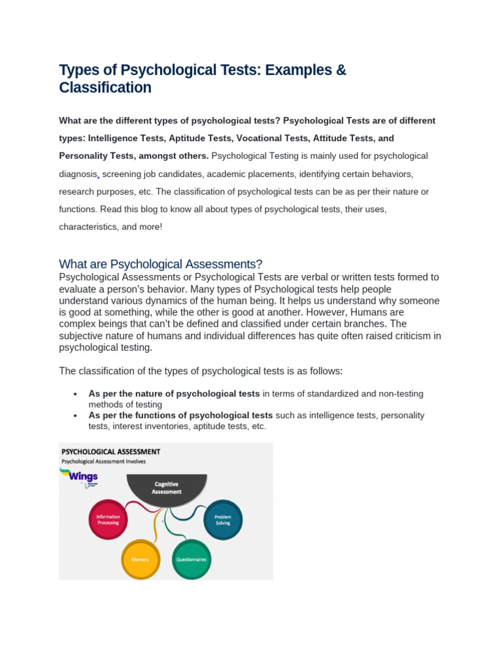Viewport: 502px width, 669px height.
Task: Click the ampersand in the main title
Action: click(x=341, y=70)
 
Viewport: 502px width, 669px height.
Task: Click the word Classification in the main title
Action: click(x=105, y=88)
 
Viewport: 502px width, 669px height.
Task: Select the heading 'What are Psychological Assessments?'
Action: click(x=161, y=264)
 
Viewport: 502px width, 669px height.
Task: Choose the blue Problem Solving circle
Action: click(x=222, y=520)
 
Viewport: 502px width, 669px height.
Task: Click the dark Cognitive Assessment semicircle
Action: click(x=166, y=489)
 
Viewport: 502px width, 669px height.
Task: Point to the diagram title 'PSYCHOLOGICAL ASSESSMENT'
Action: click(x=110, y=451)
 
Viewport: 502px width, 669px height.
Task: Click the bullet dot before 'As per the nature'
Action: click(x=76, y=395)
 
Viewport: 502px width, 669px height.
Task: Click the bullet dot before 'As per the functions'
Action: click(x=76, y=416)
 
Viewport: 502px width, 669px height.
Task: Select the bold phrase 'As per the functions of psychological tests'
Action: click(x=180, y=416)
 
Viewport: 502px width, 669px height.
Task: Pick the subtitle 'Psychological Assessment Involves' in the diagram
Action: click(x=104, y=461)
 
